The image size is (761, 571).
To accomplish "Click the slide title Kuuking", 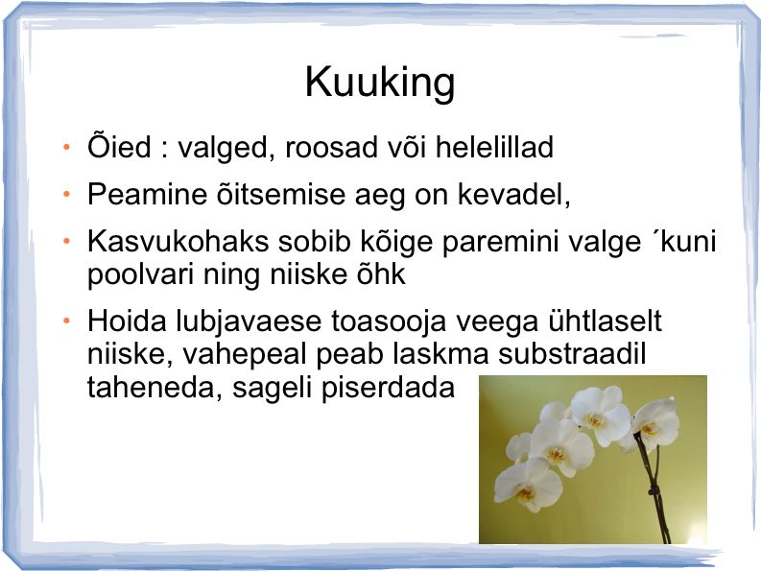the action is click(x=380, y=83).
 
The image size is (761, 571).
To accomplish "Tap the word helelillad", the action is click(x=494, y=147).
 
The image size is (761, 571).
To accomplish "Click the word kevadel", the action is click(x=514, y=195).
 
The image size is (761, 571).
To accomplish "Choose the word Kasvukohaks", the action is click(x=178, y=241).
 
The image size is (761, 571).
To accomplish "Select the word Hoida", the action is click(x=128, y=321).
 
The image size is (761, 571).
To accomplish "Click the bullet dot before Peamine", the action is click(x=66, y=194).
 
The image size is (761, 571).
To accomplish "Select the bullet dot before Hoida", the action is click(x=66, y=321).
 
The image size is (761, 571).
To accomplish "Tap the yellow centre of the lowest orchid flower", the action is click(x=524, y=494).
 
